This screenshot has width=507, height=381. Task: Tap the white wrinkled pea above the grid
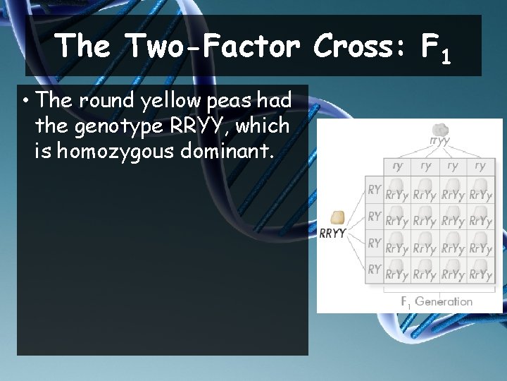[440, 130]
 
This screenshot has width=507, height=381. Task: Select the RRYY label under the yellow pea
[333, 234]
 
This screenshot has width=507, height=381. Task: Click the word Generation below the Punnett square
[444, 301]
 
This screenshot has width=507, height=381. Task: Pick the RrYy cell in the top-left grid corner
[397, 195]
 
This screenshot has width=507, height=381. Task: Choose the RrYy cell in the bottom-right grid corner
[480, 274]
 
